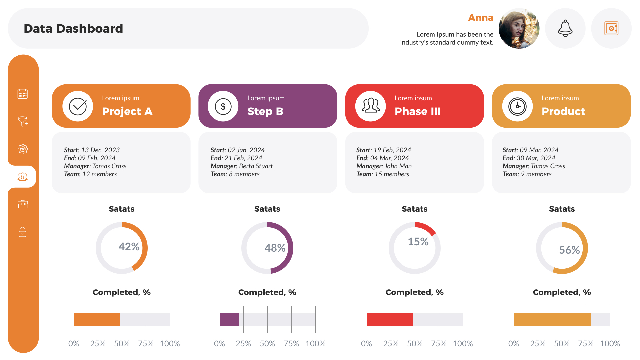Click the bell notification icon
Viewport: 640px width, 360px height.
click(x=565, y=28)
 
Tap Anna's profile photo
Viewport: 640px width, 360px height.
click(x=519, y=29)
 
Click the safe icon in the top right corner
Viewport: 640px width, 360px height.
click(x=611, y=28)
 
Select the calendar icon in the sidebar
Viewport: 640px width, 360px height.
click(x=23, y=94)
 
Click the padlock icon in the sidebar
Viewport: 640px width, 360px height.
click(x=23, y=232)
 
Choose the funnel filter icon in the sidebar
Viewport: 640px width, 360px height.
click(x=23, y=121)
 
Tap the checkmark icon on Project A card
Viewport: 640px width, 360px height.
click(x=78, y=106)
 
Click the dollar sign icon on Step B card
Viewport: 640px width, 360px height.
click(x=223, y=106)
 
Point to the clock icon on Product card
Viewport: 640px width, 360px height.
click(x=517, y=106)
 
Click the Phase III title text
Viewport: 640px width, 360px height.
click(x=417, y=111)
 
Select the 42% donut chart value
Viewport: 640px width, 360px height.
click(x=129, y=247)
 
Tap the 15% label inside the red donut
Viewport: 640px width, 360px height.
click(x=418, y=242)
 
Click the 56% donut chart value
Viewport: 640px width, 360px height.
click(x=569, y=250)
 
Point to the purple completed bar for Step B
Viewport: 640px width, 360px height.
click(x=229, y=320)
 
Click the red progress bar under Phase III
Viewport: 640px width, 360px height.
click(x=390, y=320)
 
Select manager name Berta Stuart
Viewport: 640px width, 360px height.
click(x=256, y=166)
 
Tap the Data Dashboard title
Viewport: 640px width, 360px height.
click(x=73, y=29)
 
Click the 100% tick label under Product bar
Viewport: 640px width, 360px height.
click(x=610, y=344)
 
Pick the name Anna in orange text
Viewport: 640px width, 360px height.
click(x=480, y=18)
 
